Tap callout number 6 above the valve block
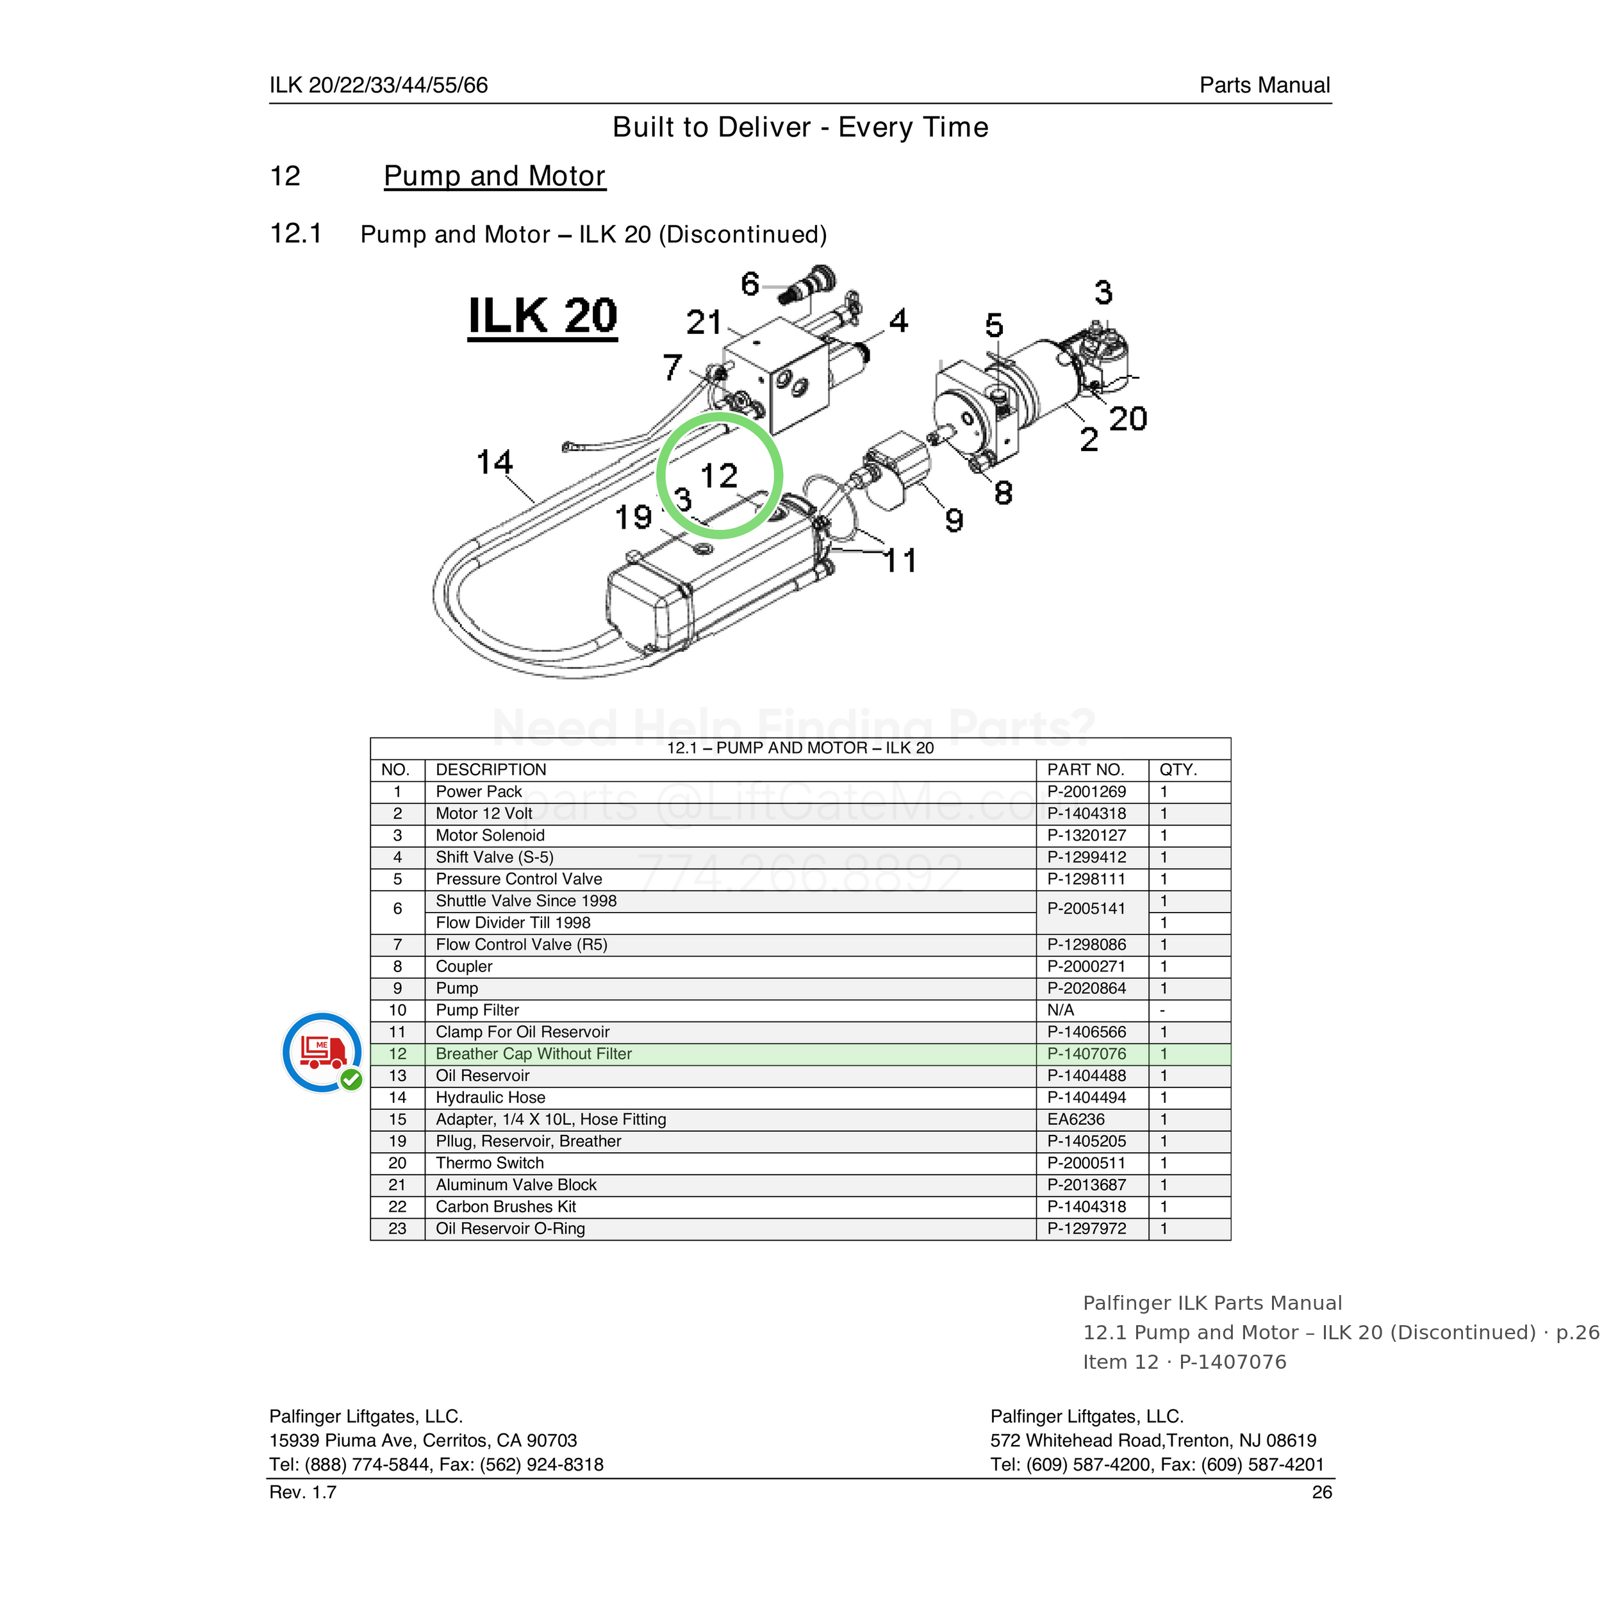click(750, 284)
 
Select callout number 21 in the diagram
click(704, 322)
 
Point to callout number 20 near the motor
click(1128, 418)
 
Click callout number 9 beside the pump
click(954, 520)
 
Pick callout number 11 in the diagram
click(900, 561)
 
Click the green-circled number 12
click(719, 476)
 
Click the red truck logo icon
click(322, 1052)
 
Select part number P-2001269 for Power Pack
click(1086, 792)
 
